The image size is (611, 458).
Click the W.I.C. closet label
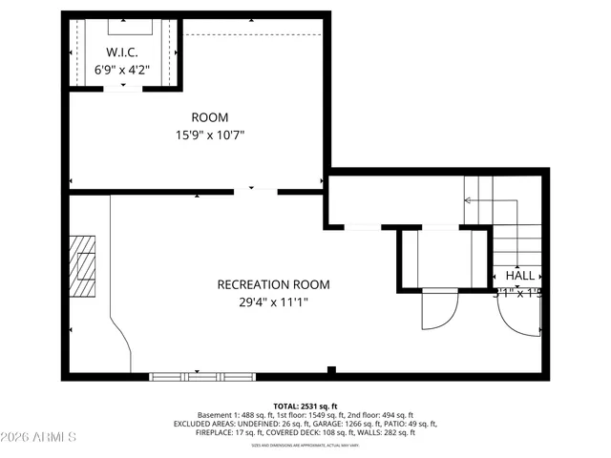point(122,52)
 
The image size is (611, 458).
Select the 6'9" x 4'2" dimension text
point(122,70)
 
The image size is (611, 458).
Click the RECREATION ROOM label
point(273,284)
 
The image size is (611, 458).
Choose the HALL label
point(520,276)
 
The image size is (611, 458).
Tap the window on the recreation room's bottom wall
point(189,376)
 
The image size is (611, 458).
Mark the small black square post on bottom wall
point(331,370)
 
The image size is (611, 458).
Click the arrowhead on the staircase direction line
point(467,200)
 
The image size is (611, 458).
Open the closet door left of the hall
point(439,307)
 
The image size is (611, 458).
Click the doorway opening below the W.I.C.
point(120,88)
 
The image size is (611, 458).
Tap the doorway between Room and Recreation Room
point(255,191)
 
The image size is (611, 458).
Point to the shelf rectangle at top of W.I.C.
point(122,26)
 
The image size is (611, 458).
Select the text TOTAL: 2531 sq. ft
point(305,406)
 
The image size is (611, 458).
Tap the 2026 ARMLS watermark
point(39,437)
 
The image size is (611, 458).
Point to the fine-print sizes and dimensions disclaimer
point(305,445)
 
